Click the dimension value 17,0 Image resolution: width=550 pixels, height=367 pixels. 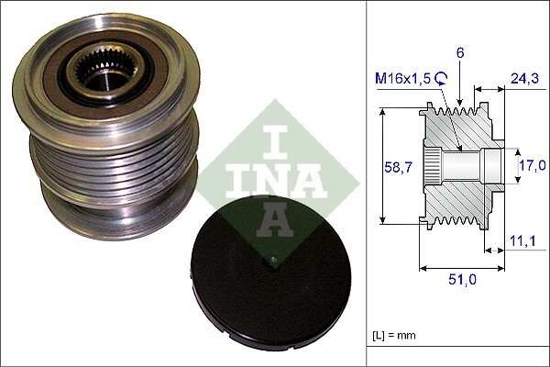coord(533,166)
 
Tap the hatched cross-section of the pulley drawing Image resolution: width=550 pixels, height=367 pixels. coord(458,197)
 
